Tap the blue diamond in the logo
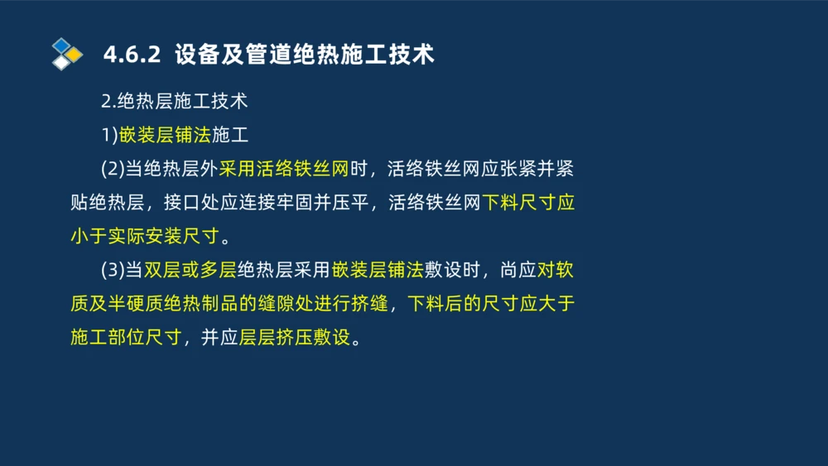click(x=61, y=46)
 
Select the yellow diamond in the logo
click(x=75, y=55)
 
